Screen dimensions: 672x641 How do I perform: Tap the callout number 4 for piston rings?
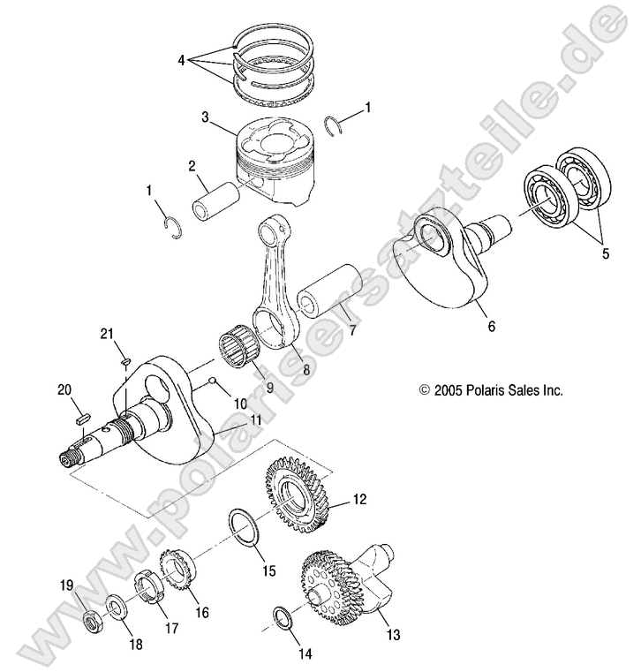coord(181,61)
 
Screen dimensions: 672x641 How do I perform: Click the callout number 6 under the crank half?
coord(492,326)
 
